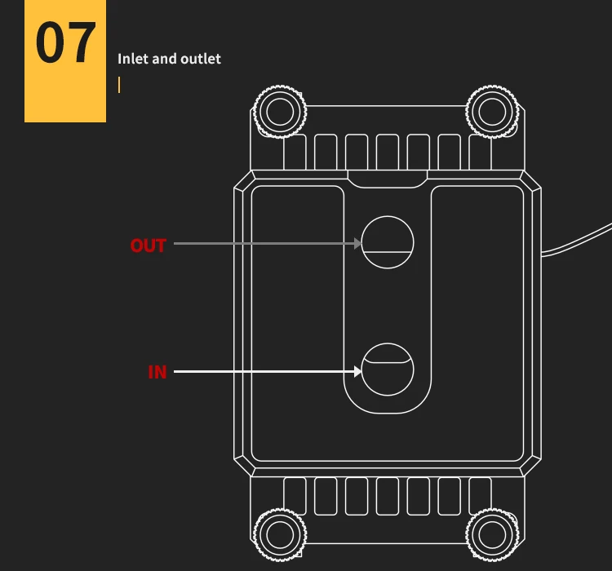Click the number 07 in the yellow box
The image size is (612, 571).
point(65,44)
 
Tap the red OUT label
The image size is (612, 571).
point(148,246)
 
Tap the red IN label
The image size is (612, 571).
point(157,372)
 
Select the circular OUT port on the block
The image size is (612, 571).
point(388,242)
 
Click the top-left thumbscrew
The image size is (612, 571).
point(280,110)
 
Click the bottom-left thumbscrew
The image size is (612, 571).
point(280,534)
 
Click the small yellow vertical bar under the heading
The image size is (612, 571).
point(119,85)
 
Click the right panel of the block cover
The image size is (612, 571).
point(477,326)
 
